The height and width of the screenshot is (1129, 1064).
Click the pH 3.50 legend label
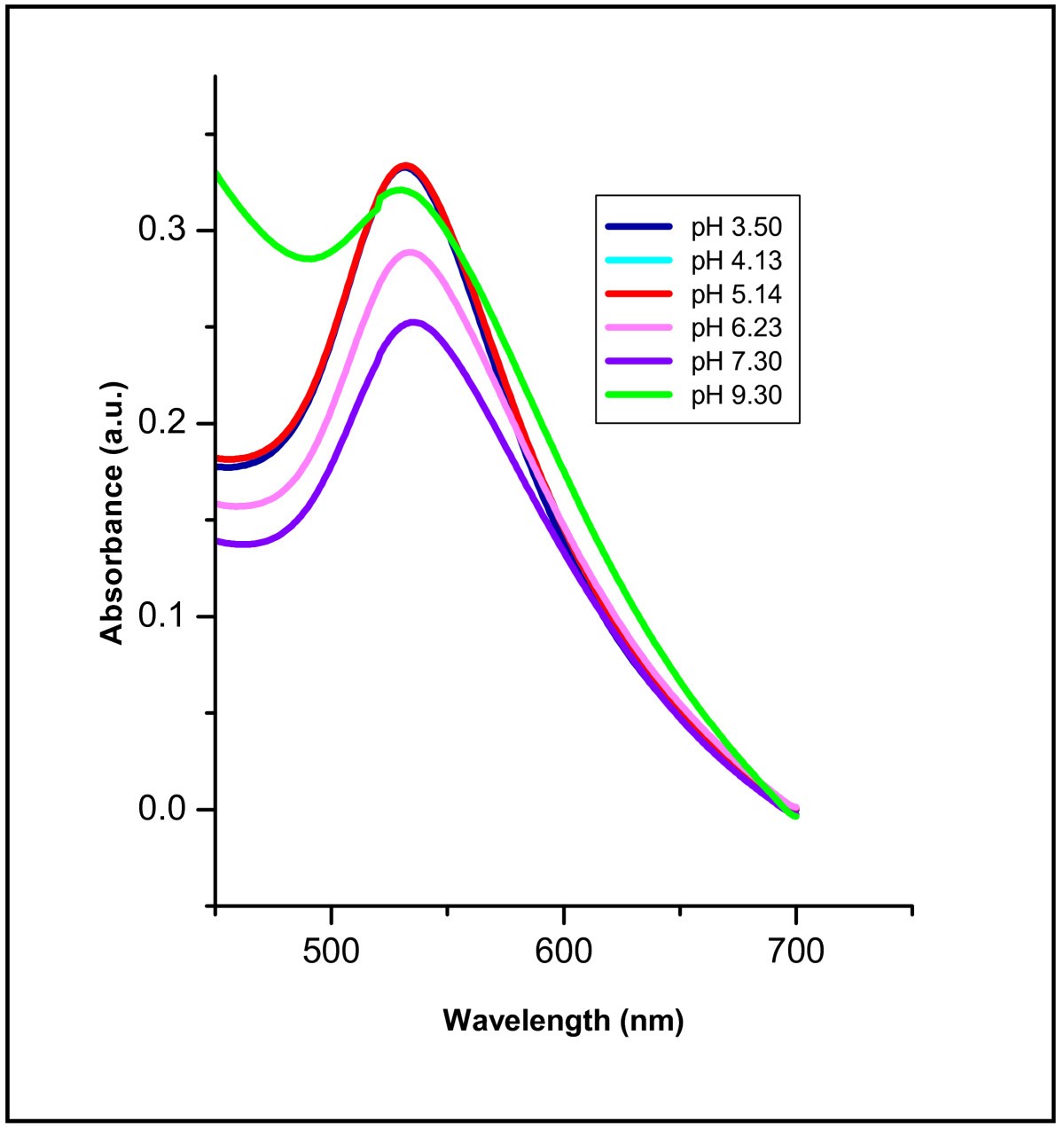(x=736, y=227)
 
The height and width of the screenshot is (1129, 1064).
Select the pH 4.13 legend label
(x=736, y=261)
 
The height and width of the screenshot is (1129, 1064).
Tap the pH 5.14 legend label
(x=736, y=294)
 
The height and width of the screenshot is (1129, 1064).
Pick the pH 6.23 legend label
(x=736, y=327)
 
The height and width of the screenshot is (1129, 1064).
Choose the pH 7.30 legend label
(x=736, y=361)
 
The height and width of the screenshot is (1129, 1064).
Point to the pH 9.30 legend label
(x=736, y=395)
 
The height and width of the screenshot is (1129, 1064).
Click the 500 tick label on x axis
(x=331, y=952)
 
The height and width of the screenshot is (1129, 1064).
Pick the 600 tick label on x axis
(x=563, y=952)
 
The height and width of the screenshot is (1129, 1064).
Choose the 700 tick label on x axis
(x=795, y=952)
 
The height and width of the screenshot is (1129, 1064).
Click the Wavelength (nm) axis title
(x=563, y=1020)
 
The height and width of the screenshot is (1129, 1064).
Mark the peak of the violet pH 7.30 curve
(x=412, y=323)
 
